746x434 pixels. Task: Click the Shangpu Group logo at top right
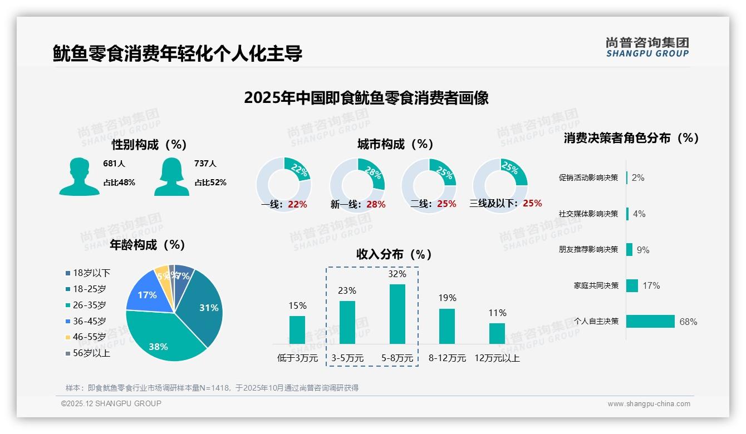[x=647, y=47]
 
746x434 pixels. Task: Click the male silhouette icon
[x=79, y=177]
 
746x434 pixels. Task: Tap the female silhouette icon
[x=171, y=177]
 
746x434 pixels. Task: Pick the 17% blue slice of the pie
[x=147, y=295]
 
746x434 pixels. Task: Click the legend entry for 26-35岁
[x=89, y=305]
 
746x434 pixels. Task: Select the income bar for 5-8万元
[x=397, y=314]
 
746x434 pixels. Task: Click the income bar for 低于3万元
[x=297, y=330]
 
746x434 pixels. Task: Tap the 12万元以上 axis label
[x=497, y=358]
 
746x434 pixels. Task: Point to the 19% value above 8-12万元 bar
[x=447, y=298]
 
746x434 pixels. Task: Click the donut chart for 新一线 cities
[x=357, y=183]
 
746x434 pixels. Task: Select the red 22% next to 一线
[x=297, y=204]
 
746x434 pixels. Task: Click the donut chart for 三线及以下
[x=500, y=183]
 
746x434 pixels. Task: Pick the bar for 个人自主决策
[x=650, y=321]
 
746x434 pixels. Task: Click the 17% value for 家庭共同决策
[x=651, y=285]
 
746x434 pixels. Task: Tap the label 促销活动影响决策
[x=588, y=178]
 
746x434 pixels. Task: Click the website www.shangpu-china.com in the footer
[x=649, y=404]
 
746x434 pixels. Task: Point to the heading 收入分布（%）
[x=394, y=254]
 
